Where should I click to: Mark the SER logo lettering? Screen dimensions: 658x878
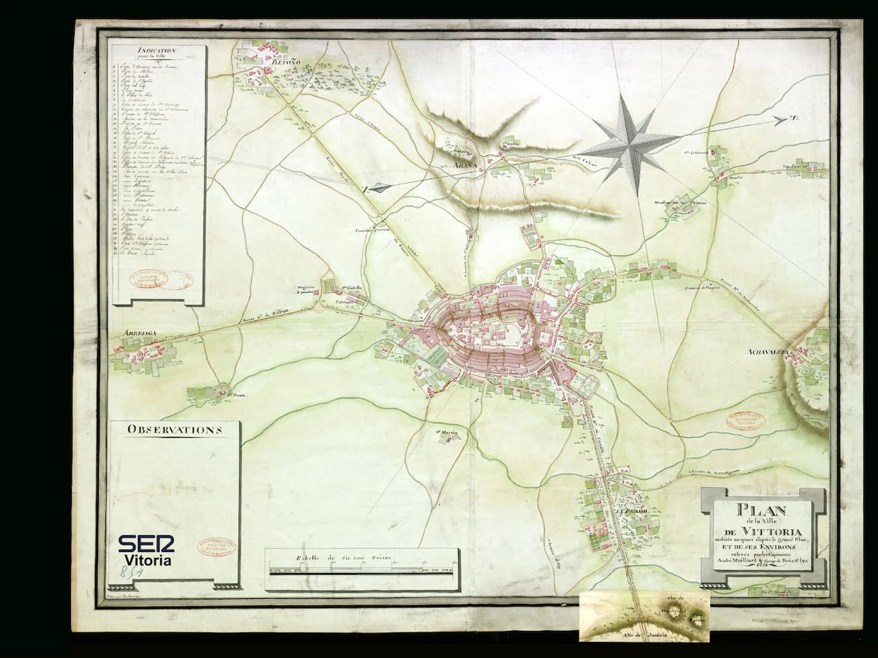click(x=146, y=543)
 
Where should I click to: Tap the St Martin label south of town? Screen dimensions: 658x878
click(x=447, y=432)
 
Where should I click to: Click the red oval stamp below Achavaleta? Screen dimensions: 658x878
click(x=745, y=421)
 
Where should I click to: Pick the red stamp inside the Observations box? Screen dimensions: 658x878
click(x=216, y=547)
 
